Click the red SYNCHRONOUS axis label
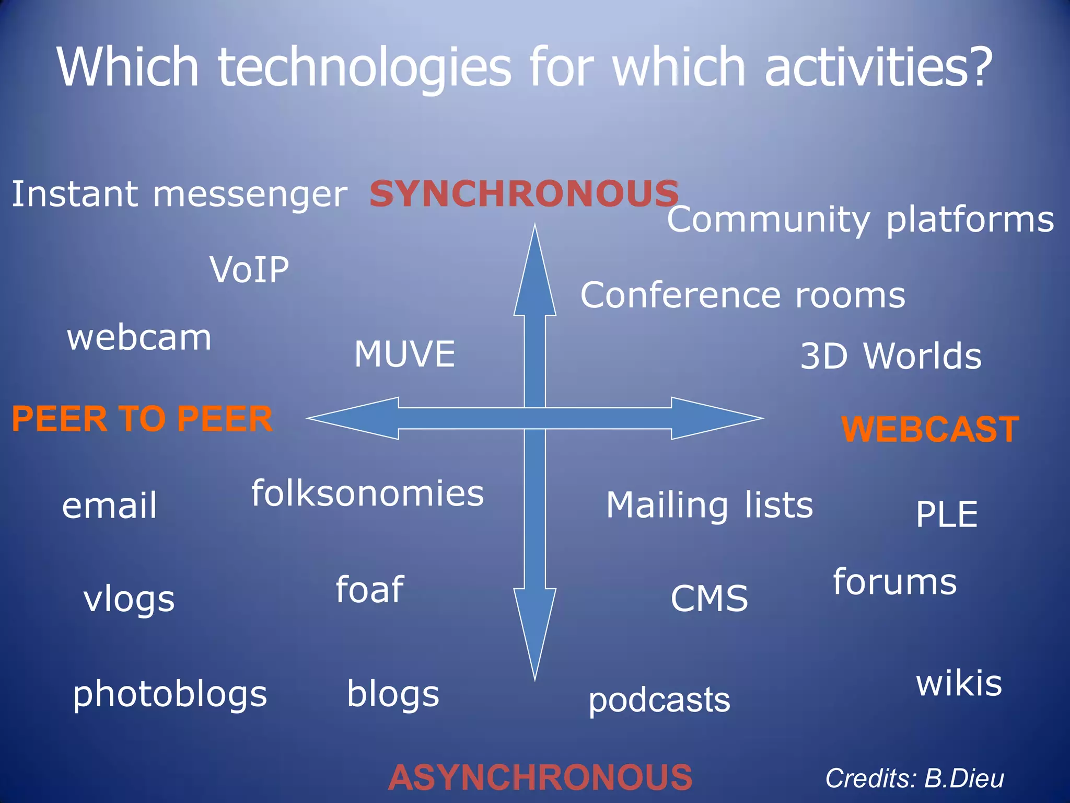coord(524,193)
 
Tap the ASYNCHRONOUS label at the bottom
coord(540,777)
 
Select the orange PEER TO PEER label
coord(142,419)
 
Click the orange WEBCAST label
coord(930,429)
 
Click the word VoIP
coord(249,270)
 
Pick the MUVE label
coord(404,354)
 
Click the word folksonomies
coord(367,493)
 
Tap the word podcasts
coord(659,700)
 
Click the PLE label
coord(946,514)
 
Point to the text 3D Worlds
coord(891,356)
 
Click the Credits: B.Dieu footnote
coord(914,778)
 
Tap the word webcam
coord(139,338)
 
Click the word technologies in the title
coord(364,67)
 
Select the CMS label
coord(709,599)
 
